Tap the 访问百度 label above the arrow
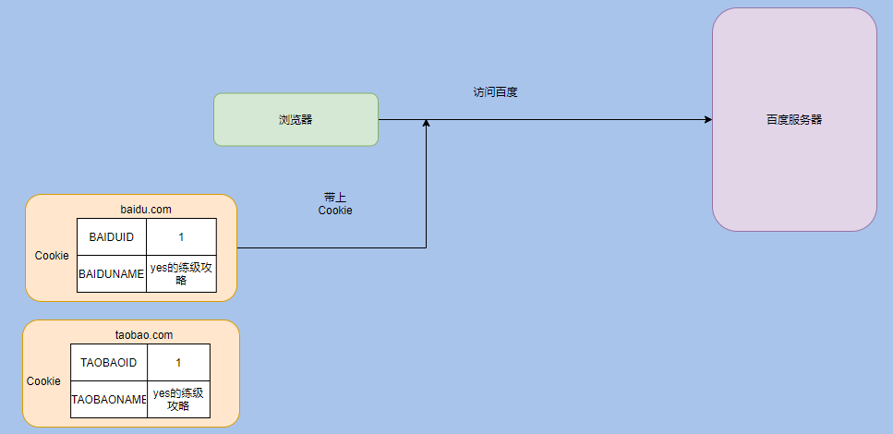pyautogui.click(x=495, y=92)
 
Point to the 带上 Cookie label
pyautogui.click(x=335, y=204)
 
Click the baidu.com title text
pyautogui.click(x=146, y=210)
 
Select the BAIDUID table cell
pyautogui.click(x=111, y=237)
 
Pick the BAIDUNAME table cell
pyautogui.click(x=111, y=274)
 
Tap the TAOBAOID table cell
pyautogui.click(x=108, y=363)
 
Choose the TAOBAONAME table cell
pyautogui.click(x=108, y=400)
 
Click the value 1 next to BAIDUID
pyautogui.click(x=181, y=237)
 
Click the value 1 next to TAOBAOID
pyautogui.click(x=178, y=363)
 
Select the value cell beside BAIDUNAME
pyautogui.click(x=181, y=274)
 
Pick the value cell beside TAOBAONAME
pyautogui.click(x=178, y=400)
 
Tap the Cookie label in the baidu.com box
pyautogui.click(x=52, y=256)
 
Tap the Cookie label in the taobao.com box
pyautogui.click(x=43, y=381)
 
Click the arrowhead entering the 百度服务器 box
pyautogui.click(x=707, y=120)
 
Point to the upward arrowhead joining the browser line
pyautogui.click(x=426, y=124)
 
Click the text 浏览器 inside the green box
pyautogui.click(x=296, y=120)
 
